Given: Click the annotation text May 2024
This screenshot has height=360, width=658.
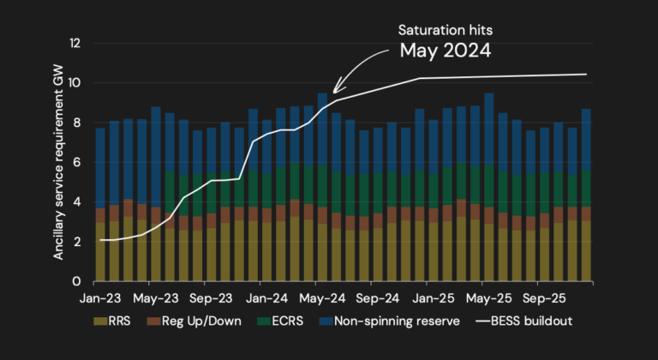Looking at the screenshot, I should (x=445, y=51).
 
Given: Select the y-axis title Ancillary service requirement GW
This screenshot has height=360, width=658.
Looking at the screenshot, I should (x=59, y=162).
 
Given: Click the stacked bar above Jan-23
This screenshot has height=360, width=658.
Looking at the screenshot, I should (x=100, y=205).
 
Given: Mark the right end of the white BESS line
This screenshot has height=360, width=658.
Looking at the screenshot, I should (x=587, y=75).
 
